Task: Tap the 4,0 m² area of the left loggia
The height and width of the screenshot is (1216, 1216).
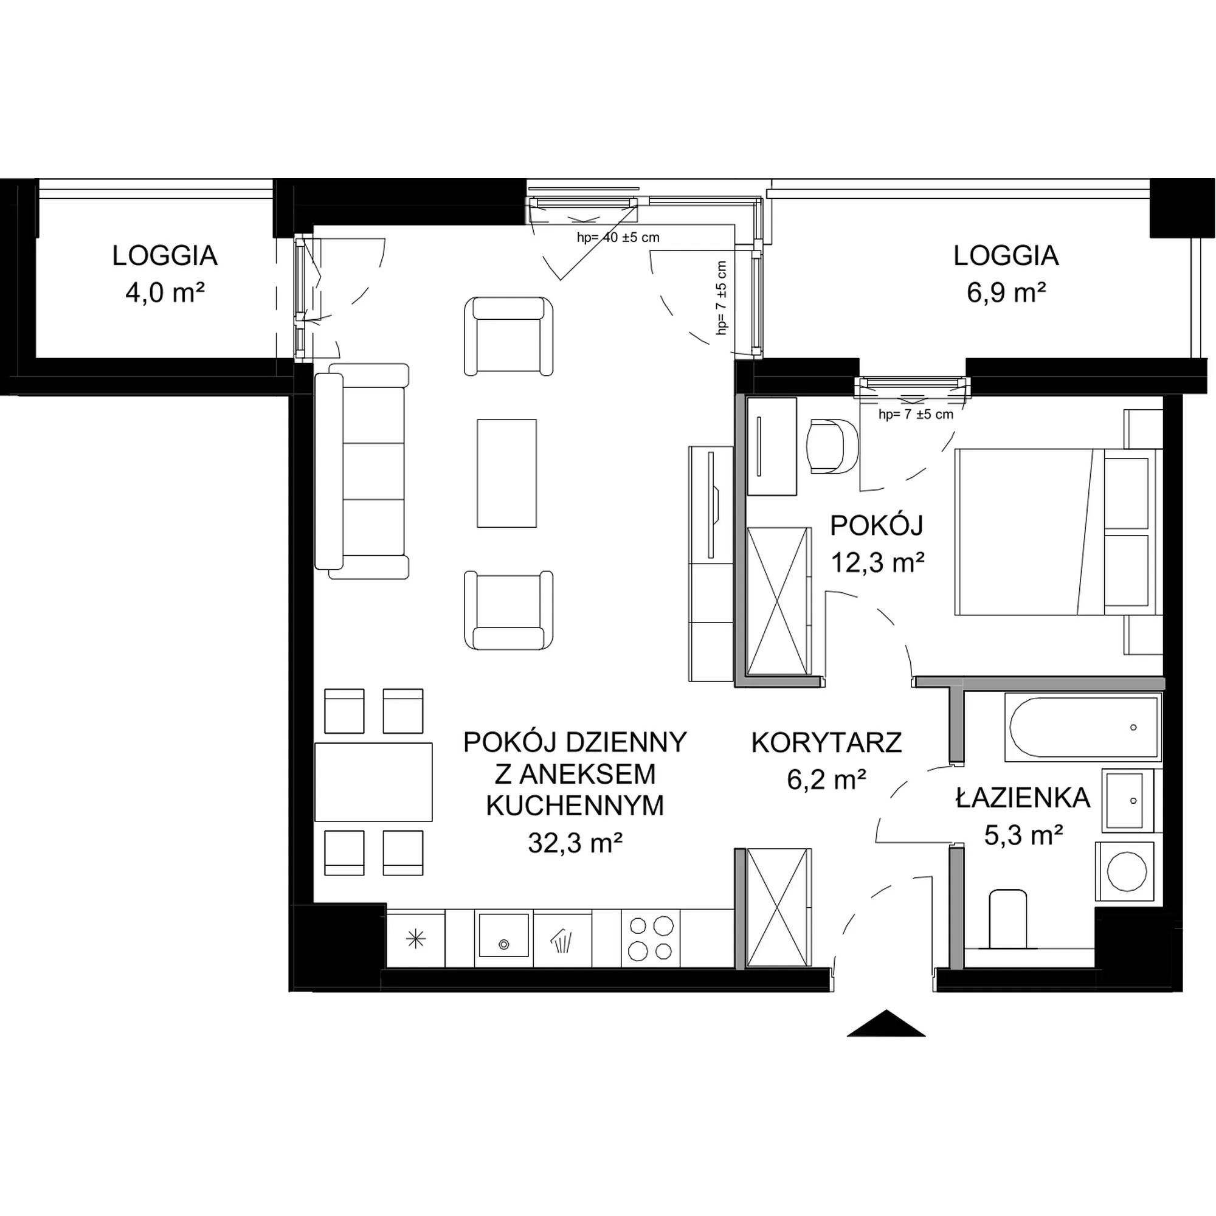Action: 165,292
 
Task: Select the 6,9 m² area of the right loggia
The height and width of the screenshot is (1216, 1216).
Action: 1006,292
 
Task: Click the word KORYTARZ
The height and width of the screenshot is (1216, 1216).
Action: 826,743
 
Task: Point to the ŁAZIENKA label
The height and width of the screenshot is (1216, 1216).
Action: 1023,798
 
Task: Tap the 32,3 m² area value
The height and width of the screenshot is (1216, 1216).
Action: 575,843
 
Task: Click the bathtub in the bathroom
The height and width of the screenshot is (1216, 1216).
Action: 1083,727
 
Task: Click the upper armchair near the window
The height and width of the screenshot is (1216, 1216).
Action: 509,337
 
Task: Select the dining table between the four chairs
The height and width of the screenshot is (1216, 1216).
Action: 373,782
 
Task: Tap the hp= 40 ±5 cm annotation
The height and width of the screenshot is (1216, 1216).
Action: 618,237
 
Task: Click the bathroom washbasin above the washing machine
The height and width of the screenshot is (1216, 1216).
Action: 1127,800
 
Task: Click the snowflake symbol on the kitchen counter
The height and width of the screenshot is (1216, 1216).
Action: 415,939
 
